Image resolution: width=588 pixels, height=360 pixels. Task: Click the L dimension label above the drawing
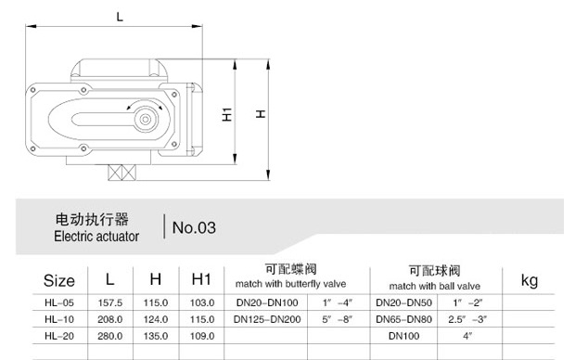(120, 17)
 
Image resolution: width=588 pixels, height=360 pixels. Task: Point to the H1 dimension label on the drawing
(227, 114)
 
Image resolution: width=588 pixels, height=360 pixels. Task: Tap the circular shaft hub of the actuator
(146, 120)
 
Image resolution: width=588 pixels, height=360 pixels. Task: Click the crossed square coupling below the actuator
(122, 173)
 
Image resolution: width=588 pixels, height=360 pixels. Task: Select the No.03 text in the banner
(194, 227)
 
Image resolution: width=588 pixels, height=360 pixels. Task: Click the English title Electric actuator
(96, 237)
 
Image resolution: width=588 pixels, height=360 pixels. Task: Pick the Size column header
(59, 280)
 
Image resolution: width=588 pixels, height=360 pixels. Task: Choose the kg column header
(530, 280)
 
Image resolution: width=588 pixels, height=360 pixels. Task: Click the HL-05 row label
(59, 302)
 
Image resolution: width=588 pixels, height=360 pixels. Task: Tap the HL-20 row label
(59, 336)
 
